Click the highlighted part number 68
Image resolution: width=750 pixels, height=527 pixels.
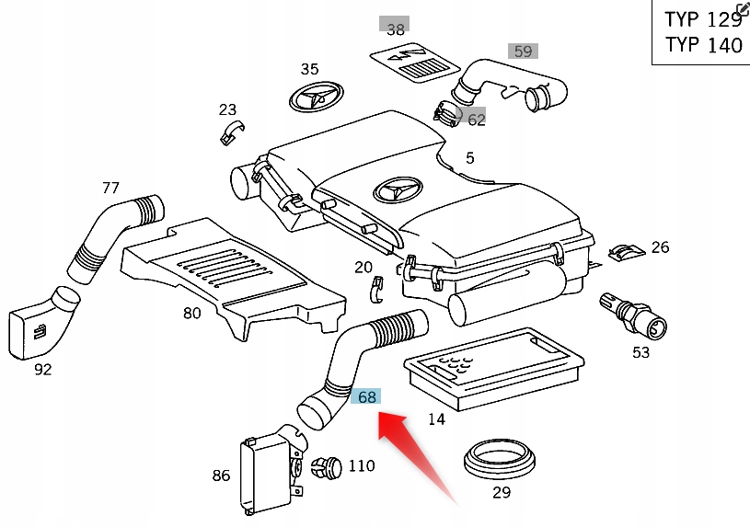(x=366, y=397)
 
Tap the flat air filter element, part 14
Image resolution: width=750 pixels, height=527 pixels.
(x=493, y=369)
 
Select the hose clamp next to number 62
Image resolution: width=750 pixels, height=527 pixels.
(x=445, y=113)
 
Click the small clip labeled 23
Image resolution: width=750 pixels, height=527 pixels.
(x=229, y=132)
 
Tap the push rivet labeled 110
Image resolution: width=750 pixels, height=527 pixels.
(x=326, y=468)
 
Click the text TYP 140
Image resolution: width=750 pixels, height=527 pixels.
(x=703, y=45)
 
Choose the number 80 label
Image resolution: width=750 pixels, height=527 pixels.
(x=191, y=314)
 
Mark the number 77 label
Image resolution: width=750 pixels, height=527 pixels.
(x=110, y=189)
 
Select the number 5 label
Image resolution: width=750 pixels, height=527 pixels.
(x=469, y=158)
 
